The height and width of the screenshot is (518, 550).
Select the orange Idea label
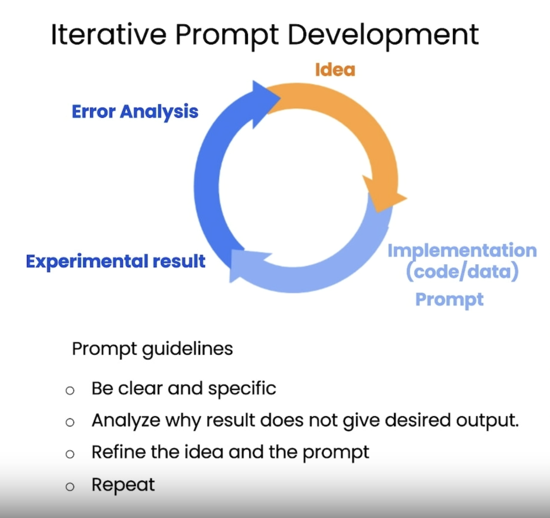(335, 70)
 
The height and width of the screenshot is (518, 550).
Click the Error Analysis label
(135, 112)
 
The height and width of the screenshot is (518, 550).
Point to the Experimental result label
(116, 261)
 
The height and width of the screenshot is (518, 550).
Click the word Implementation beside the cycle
(462, 251)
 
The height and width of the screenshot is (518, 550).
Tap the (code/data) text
(462, 272)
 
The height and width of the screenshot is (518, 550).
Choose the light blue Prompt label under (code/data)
(449, 300)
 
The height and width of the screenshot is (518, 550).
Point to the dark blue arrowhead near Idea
(264, 102)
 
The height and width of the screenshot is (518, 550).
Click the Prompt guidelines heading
(152, 349)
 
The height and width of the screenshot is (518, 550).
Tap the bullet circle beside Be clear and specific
(70, 391)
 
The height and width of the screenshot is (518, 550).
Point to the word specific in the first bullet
(242, 388)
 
